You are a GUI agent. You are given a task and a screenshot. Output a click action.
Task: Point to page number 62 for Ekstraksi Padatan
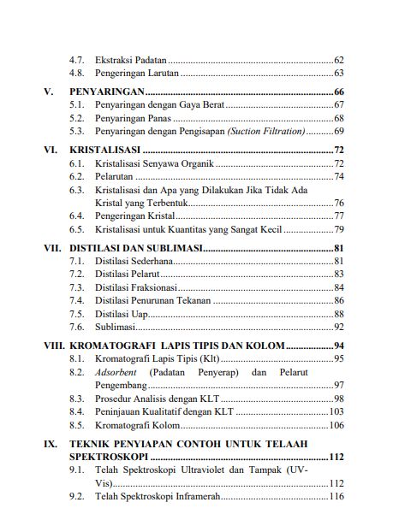(x=338, y=61)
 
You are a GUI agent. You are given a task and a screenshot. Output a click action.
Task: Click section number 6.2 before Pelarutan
(x=76, y=176)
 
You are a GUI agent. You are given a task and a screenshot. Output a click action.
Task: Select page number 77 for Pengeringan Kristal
(x=338, y=216)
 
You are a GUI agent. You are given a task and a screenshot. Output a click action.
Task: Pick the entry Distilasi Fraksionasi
(x=136, y=287)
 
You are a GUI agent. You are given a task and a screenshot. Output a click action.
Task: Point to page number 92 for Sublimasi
(x=338, y=327)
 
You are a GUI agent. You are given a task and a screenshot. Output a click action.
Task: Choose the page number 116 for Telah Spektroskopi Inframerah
(x=336, y=497)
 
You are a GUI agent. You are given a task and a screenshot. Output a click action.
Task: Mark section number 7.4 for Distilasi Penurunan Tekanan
(x=76, y=301)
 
